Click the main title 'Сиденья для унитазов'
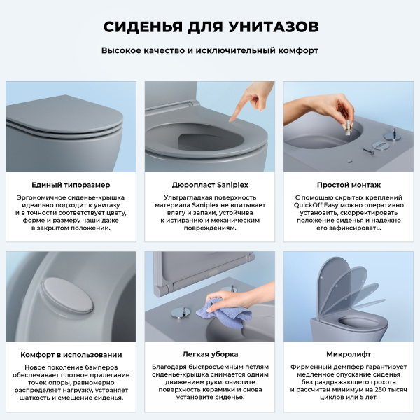pyautogui.click(x=210, y=27)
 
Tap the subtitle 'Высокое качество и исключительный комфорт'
pyautogui.click(x=210, y=51)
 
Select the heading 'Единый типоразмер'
pyautogui.click(x=71, y=184)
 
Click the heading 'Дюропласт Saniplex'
pyautogui.click(x=209, y=184)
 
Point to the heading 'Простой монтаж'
pyautogui.click(x=348, y=184)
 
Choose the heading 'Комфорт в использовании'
pyautogui.click(x=71, y=354)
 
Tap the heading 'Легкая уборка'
pyautogui.click(x=209, y=354)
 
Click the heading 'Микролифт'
pyautogui.click(x=348, y=354)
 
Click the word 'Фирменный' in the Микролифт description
pyautogui.click(x=312, y=367)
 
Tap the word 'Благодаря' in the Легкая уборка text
pyautogui.click(x=168, y=367)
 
